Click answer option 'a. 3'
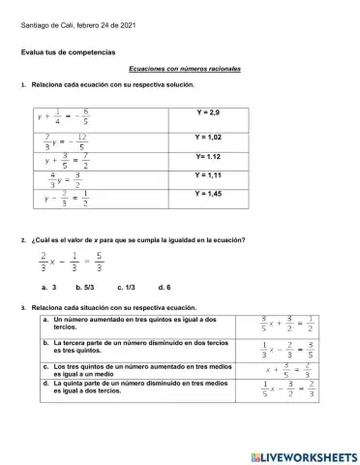click(x=49, y=288)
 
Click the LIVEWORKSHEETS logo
click(x=303, y=455)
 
